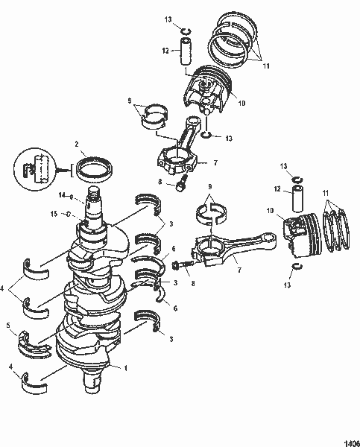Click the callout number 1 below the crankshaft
[x=125, y=369]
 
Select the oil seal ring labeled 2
[x=95, y=167]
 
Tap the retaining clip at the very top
[x=187, y=30]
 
